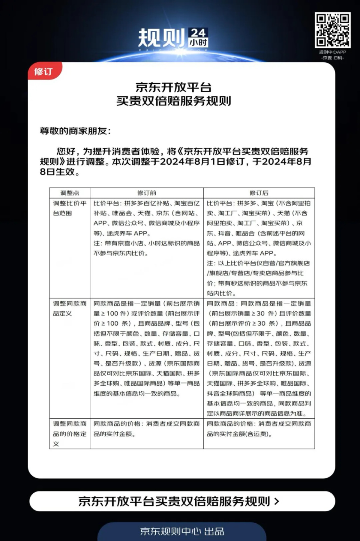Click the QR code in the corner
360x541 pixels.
[332, 30]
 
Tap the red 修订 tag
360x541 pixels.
[44, 71]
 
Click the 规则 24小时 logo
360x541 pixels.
[173, 38]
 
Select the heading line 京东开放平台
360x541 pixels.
[174, 87]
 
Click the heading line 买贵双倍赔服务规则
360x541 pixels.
[174, 101]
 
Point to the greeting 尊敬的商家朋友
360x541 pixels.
[75, 131]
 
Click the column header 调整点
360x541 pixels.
[70, 193]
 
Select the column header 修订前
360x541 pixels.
[147, 193]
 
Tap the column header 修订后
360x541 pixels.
[259, 193]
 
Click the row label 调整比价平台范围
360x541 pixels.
[70, 208]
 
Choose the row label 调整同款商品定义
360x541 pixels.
[70, 308]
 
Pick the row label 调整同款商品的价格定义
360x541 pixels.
[70, 434]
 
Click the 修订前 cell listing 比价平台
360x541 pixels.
[147, 228]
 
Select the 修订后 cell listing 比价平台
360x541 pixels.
[259, 248]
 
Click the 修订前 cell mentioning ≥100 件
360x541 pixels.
[147, 349]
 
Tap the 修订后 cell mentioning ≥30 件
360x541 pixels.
[259, 358]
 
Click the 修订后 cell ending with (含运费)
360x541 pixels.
[259, 429]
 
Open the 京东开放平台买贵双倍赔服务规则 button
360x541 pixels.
[182, 501]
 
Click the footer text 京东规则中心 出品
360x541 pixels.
[182, 531]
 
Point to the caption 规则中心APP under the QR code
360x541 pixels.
[332, 52]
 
